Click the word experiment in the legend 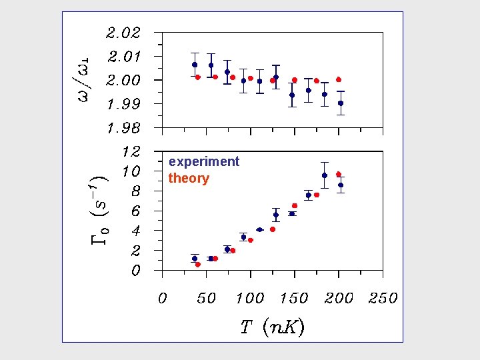[x=203, y=162]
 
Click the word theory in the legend [x=189, y=179]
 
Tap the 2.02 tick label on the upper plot [x=123, y=33]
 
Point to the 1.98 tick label [x=123, y=127]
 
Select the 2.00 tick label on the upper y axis [x=123, y=80]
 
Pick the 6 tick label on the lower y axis [x=135, y=211]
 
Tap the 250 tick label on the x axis [x=383, y=299]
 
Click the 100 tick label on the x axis [x=250, y=299]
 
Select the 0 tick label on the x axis [x=162, y=299]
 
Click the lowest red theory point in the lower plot [x=198, y=265]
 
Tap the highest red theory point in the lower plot [x=339, y=174]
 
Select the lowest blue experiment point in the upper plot [x=341, y=103]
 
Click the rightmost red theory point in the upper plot [x=339, y=79]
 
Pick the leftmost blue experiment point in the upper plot [x=195, y=65]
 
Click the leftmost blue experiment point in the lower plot [x=195, y=259]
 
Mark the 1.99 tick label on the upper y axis [x=123, y=104]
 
